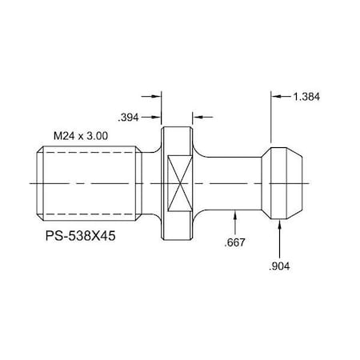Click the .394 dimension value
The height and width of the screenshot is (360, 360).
(130, 118)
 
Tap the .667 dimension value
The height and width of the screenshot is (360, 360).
(236, 242)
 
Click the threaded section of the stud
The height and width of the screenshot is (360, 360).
(88, 183)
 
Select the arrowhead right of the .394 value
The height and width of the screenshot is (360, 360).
(157, 118)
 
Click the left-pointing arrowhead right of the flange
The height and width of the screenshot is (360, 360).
(198, 118)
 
